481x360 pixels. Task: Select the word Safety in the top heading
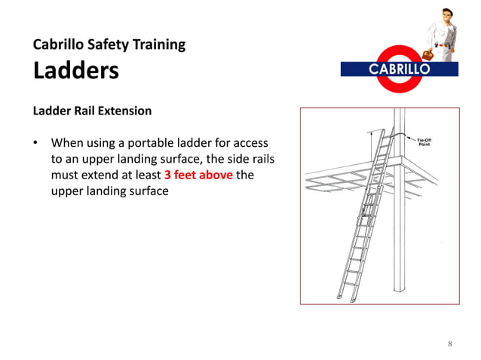tap(111, 44)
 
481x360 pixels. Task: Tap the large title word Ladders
tap(75, 71)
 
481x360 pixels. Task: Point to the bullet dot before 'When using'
tap(35, 142)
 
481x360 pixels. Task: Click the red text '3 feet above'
tap(198, 175)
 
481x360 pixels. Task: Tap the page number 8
tap(449, 344)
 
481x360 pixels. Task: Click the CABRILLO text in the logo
tap(399, 69)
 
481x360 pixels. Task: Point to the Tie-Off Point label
tap(424, 141)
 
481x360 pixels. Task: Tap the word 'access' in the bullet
tap(250, 142)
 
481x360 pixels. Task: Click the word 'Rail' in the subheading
tap(82, 111)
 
